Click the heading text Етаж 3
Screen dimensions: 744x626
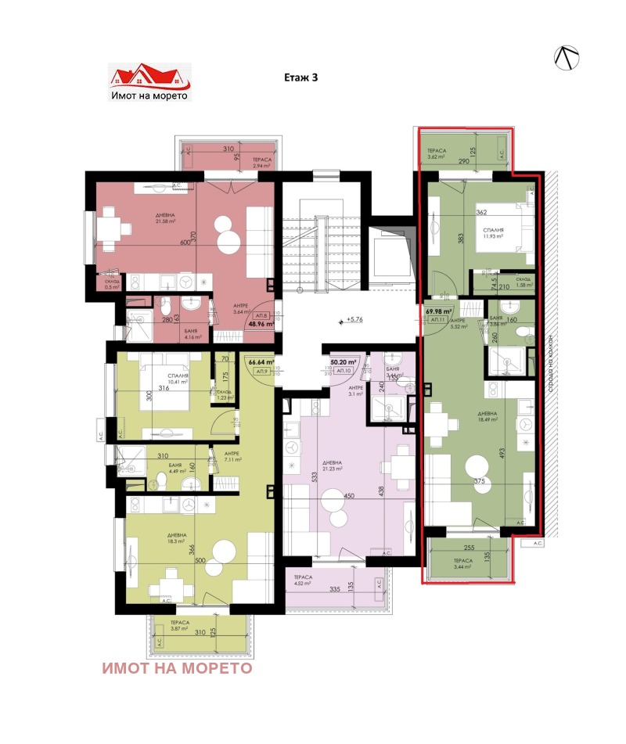coord(301,77)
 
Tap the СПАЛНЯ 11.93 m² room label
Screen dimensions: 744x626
coord(492,234)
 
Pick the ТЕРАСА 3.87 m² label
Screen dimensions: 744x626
coord(168,626)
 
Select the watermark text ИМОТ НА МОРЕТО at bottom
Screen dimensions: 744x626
coord(177,668)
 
